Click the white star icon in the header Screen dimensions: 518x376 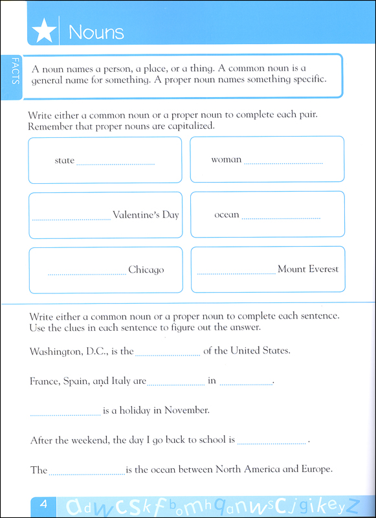click(x=43, y=31)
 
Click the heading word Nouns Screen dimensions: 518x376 click(x=96, y=31)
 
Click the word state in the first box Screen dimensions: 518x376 click(x=65, y=161)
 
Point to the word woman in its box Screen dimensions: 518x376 click(x=227, y=159)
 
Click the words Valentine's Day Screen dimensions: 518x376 click(x=146, y=215)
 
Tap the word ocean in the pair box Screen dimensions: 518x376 click(x=227, y=215)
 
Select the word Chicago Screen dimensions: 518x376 click(x=146, y=270)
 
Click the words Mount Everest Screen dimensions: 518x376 click(x=308, y=269)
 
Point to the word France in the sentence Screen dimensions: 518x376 click(x=44, y=381)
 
